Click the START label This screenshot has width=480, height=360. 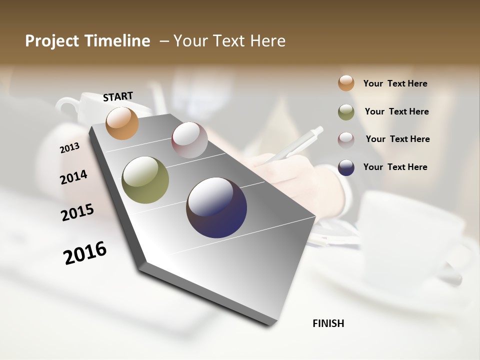click(x=118, y=96)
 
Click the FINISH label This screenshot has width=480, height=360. click(x=328, y=323)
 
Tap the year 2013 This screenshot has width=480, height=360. click(x=69, y=148)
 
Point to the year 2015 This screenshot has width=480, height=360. click(x=77, y=212)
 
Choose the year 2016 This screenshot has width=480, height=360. click(x=85, y=253)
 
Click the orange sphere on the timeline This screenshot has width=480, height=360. click(x=122, y=123)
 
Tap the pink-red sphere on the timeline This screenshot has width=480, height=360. click(x=189, y=140)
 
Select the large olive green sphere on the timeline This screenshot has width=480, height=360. click(x=145, y=180)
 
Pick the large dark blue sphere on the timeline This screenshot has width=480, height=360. click(x=216, y=207)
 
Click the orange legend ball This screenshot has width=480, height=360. click(x=346, y=83)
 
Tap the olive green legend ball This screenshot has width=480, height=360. click(x=346, y=112)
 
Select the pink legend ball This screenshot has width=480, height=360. click(x=346, y=139)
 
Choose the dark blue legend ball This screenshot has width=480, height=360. click(x=346, y=167)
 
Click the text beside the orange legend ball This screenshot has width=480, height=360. click(x=395, y=83)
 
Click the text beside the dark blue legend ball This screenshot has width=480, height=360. click(x=395, y=167)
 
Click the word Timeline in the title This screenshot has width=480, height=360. click(x=118, y=41)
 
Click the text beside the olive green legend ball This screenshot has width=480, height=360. click(x=396, y=111)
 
